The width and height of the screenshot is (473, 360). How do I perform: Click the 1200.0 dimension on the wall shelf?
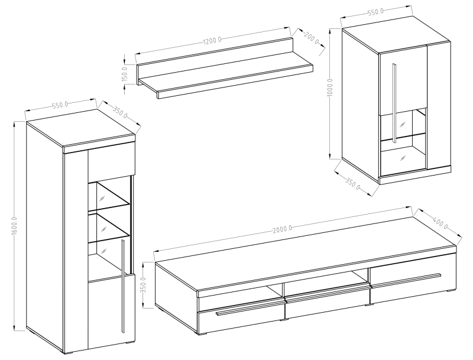tap(212, 41)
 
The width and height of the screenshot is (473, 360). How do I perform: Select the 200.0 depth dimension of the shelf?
tap(311, 38)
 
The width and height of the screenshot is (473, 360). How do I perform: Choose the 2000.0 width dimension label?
tap(283, 229)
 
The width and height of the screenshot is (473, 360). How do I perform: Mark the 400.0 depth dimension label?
tap(440, 222)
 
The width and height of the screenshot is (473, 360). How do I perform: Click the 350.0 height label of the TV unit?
tap(144, 286)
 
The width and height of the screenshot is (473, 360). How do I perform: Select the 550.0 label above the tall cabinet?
tap(60, 105)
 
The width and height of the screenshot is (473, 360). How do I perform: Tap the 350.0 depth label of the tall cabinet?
tap(120, 112)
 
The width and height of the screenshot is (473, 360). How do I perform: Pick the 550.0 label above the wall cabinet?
tap(375, 12)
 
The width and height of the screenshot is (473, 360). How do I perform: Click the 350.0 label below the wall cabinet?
tap(352, 184)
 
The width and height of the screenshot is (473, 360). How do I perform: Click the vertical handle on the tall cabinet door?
tap(122, 287)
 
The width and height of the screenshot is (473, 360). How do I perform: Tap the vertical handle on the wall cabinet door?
tap(394, 102)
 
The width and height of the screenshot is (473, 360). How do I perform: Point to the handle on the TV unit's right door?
tap(406, 280)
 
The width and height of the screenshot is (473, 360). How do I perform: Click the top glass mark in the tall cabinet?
tap(102, 198)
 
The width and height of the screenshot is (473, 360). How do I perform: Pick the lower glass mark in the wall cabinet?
tap(402, 158)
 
